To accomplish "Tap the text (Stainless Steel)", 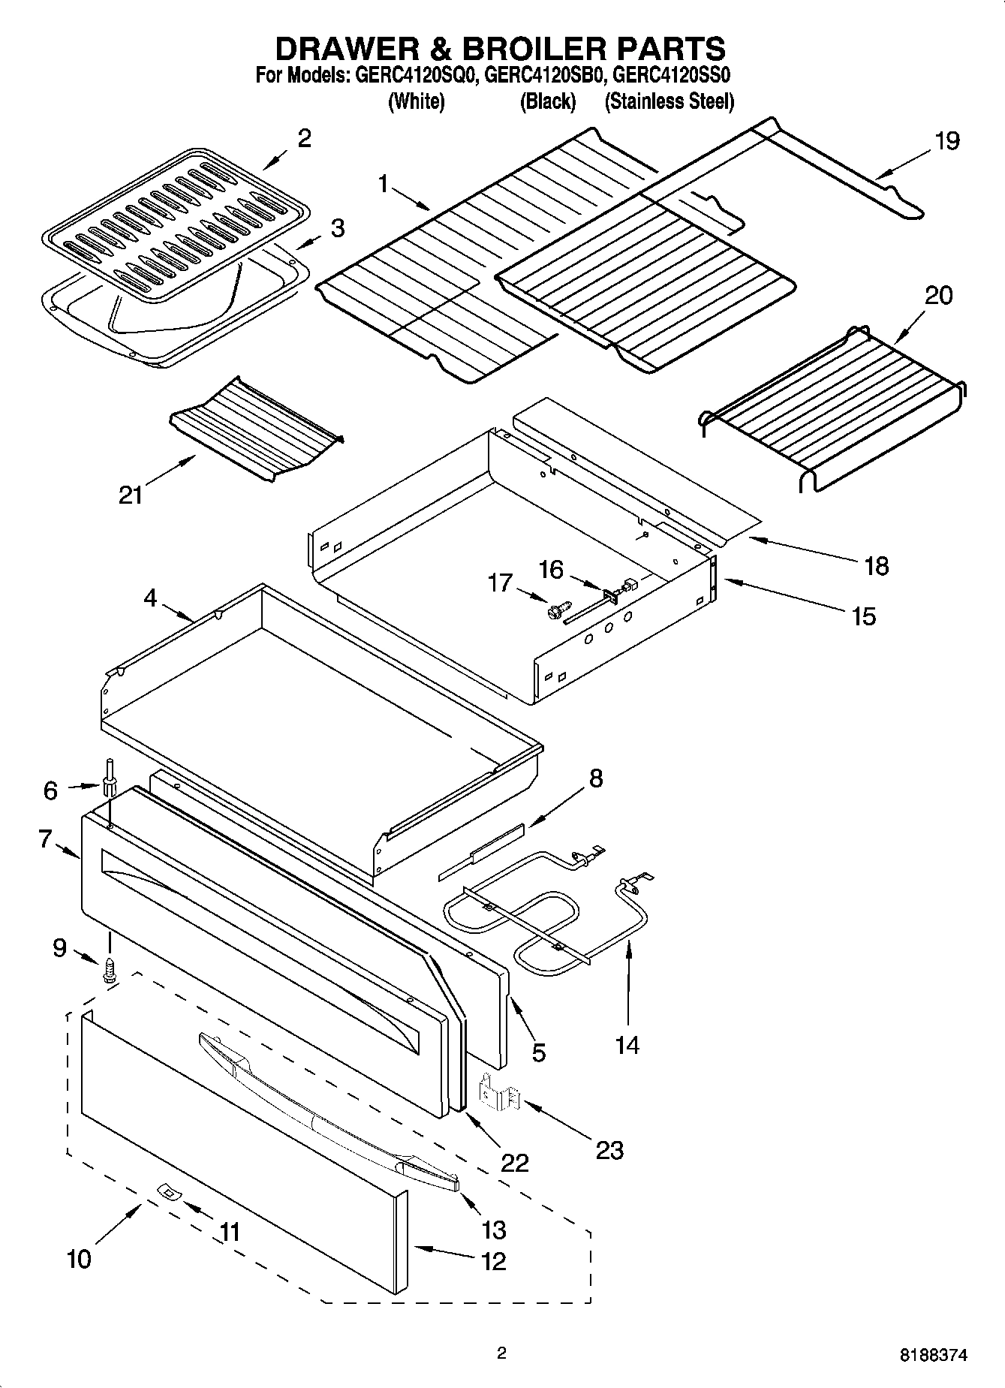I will pyautogui.click(x=669, y=101).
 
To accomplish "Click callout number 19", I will pyautogui.click(x=946, y=140).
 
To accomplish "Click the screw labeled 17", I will pyautogui.click(x=559, y=613).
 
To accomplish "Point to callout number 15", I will pyautogui.click(x=864, y=616).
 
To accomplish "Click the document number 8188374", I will pyautogui.click(x=934, y=1355).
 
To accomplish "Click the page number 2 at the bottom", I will pyautogui.click(x=502, y=1353).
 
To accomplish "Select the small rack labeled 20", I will pyautogui.click(x=833, y=409).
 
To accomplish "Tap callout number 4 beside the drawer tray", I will pyautogui.click(x=150, y=598).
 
